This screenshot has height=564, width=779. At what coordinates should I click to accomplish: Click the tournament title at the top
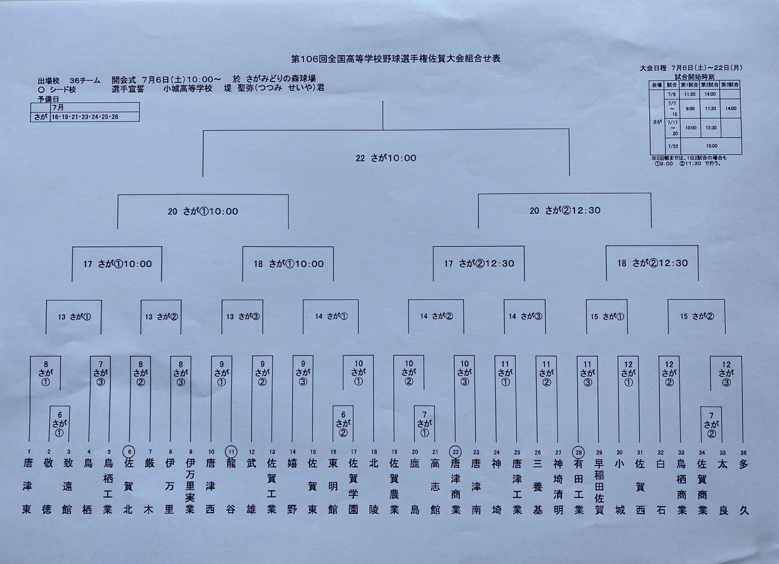[396, 59]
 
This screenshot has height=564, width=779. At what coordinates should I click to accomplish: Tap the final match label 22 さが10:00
[386, 158]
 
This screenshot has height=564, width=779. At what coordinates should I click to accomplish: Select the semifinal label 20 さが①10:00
[203, 212]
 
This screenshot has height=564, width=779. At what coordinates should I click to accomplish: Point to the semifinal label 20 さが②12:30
[565, 210]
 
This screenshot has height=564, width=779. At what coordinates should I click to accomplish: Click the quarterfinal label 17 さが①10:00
[117, 264]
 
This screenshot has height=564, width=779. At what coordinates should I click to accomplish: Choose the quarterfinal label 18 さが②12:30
[652, 263]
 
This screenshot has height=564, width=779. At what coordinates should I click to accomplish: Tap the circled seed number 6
[129, 452]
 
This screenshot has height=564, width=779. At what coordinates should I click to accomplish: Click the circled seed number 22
[455, 452]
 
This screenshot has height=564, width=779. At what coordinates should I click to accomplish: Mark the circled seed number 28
[579, 452]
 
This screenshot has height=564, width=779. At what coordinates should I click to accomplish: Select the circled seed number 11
[232, 452]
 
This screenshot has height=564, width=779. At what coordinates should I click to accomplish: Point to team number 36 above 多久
[744, 453]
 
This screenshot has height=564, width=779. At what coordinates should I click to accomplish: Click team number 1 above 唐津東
[29, 452]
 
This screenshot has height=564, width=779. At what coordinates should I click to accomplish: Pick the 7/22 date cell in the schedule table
[672, 146]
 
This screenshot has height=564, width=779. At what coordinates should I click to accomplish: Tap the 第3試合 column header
[730, 84]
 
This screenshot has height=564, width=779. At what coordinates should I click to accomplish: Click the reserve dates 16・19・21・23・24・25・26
[85, 117]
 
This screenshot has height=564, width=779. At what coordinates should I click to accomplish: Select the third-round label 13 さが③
[242, 316]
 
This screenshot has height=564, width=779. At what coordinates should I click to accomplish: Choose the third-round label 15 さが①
[607, 316]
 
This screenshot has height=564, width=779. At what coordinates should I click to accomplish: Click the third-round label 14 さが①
[331, 316]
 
